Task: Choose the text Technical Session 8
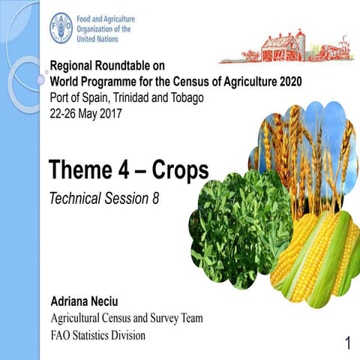[104, 199]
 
